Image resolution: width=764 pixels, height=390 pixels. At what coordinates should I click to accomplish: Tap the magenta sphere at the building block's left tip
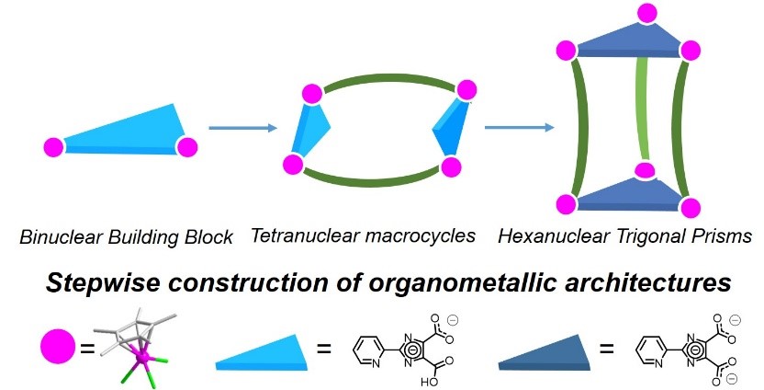[53, 146]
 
